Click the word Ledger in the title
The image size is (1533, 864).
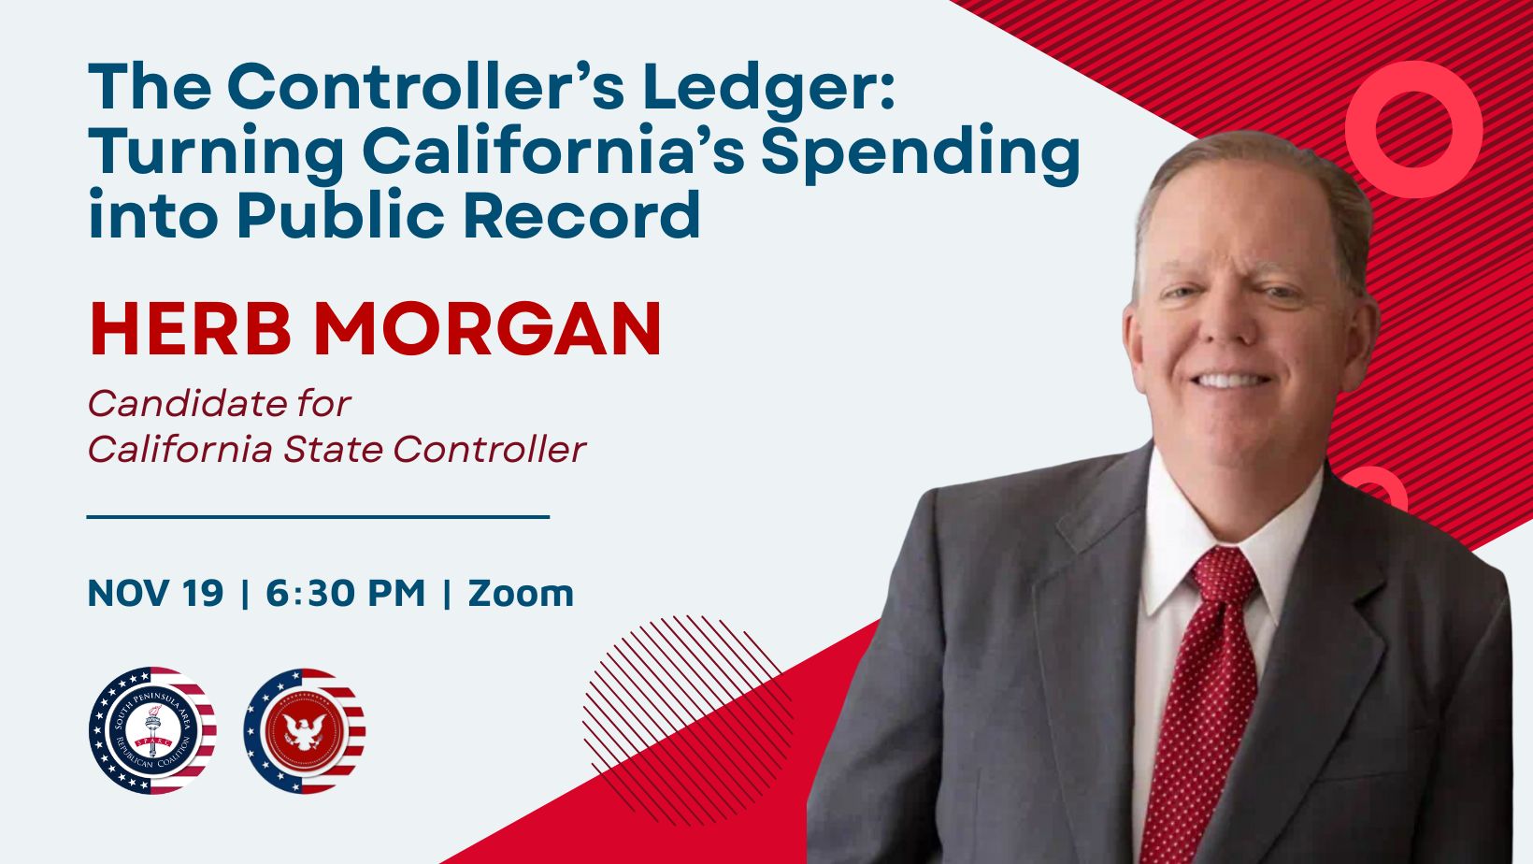coord(768,89)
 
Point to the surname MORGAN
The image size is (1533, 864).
coord(487,328)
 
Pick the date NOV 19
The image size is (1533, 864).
coord(155,593)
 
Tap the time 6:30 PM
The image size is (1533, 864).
coord(346,593)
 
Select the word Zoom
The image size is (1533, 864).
coord(521,593)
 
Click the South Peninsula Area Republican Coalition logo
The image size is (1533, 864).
coord(152,729)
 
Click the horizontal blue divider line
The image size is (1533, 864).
coord(318,517)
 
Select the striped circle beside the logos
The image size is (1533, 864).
coord(687,720)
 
